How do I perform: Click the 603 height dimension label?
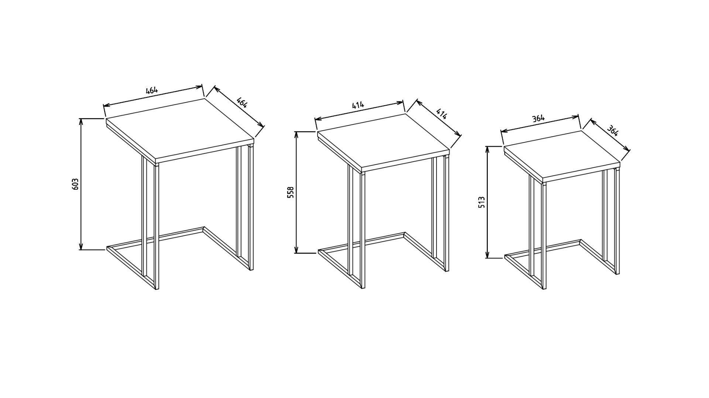(x=75, y=184)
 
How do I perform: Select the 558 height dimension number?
(x=291, y=193)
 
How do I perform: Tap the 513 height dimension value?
(x=482, y=203)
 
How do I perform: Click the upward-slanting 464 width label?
(x=152, y=90)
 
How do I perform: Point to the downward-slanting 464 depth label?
(x=242, y=102)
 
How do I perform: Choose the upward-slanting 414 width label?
(x=358, y=105)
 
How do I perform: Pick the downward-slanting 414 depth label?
(x=441, y=114)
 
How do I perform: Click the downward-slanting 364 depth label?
(x=613, y=131)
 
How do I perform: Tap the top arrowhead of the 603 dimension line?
(x=81, y=122)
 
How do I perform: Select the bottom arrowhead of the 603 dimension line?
(x=81, y=246)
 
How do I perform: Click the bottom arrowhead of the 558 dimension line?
(x=296, y=249)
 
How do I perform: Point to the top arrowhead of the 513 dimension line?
(x=487, y=150)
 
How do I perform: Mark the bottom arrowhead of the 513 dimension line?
(x=487, y=254)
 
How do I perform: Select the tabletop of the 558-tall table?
(x=383, y=142)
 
